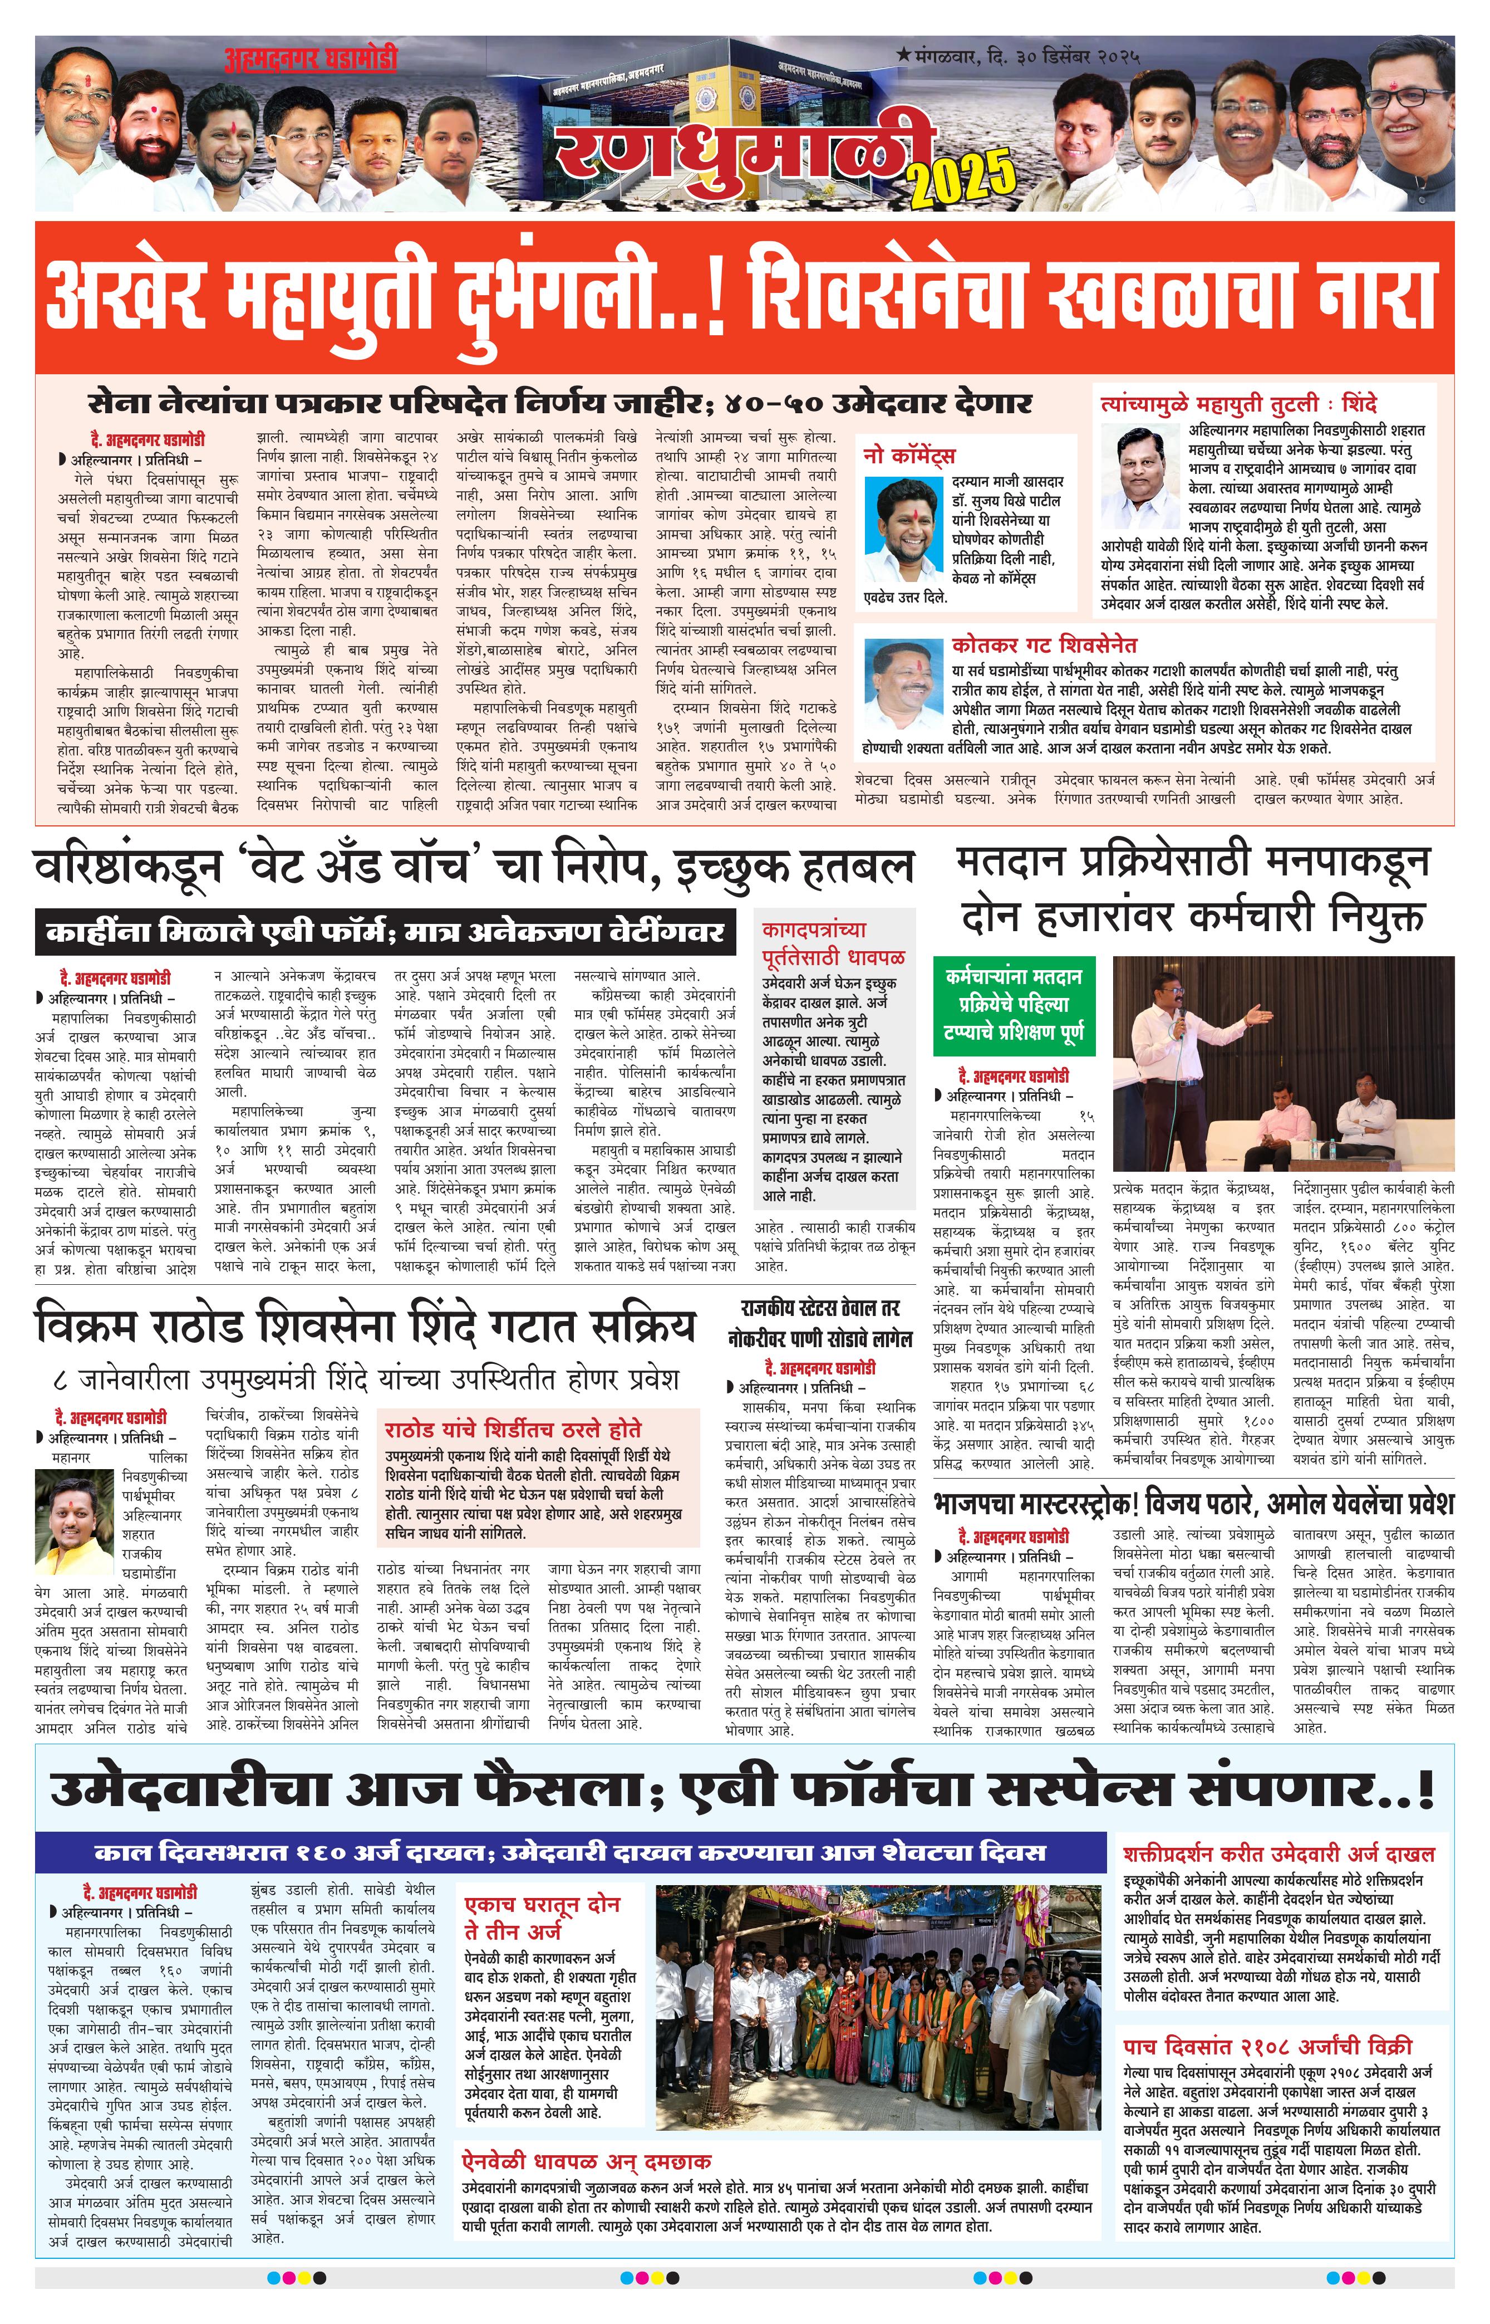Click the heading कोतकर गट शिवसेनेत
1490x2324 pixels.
(1044, 645)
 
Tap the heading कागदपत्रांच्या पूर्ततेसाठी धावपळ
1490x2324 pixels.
(833, 944)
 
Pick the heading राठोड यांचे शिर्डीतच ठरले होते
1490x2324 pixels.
(513, 1428)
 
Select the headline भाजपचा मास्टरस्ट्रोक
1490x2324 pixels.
(1193, 1503)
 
